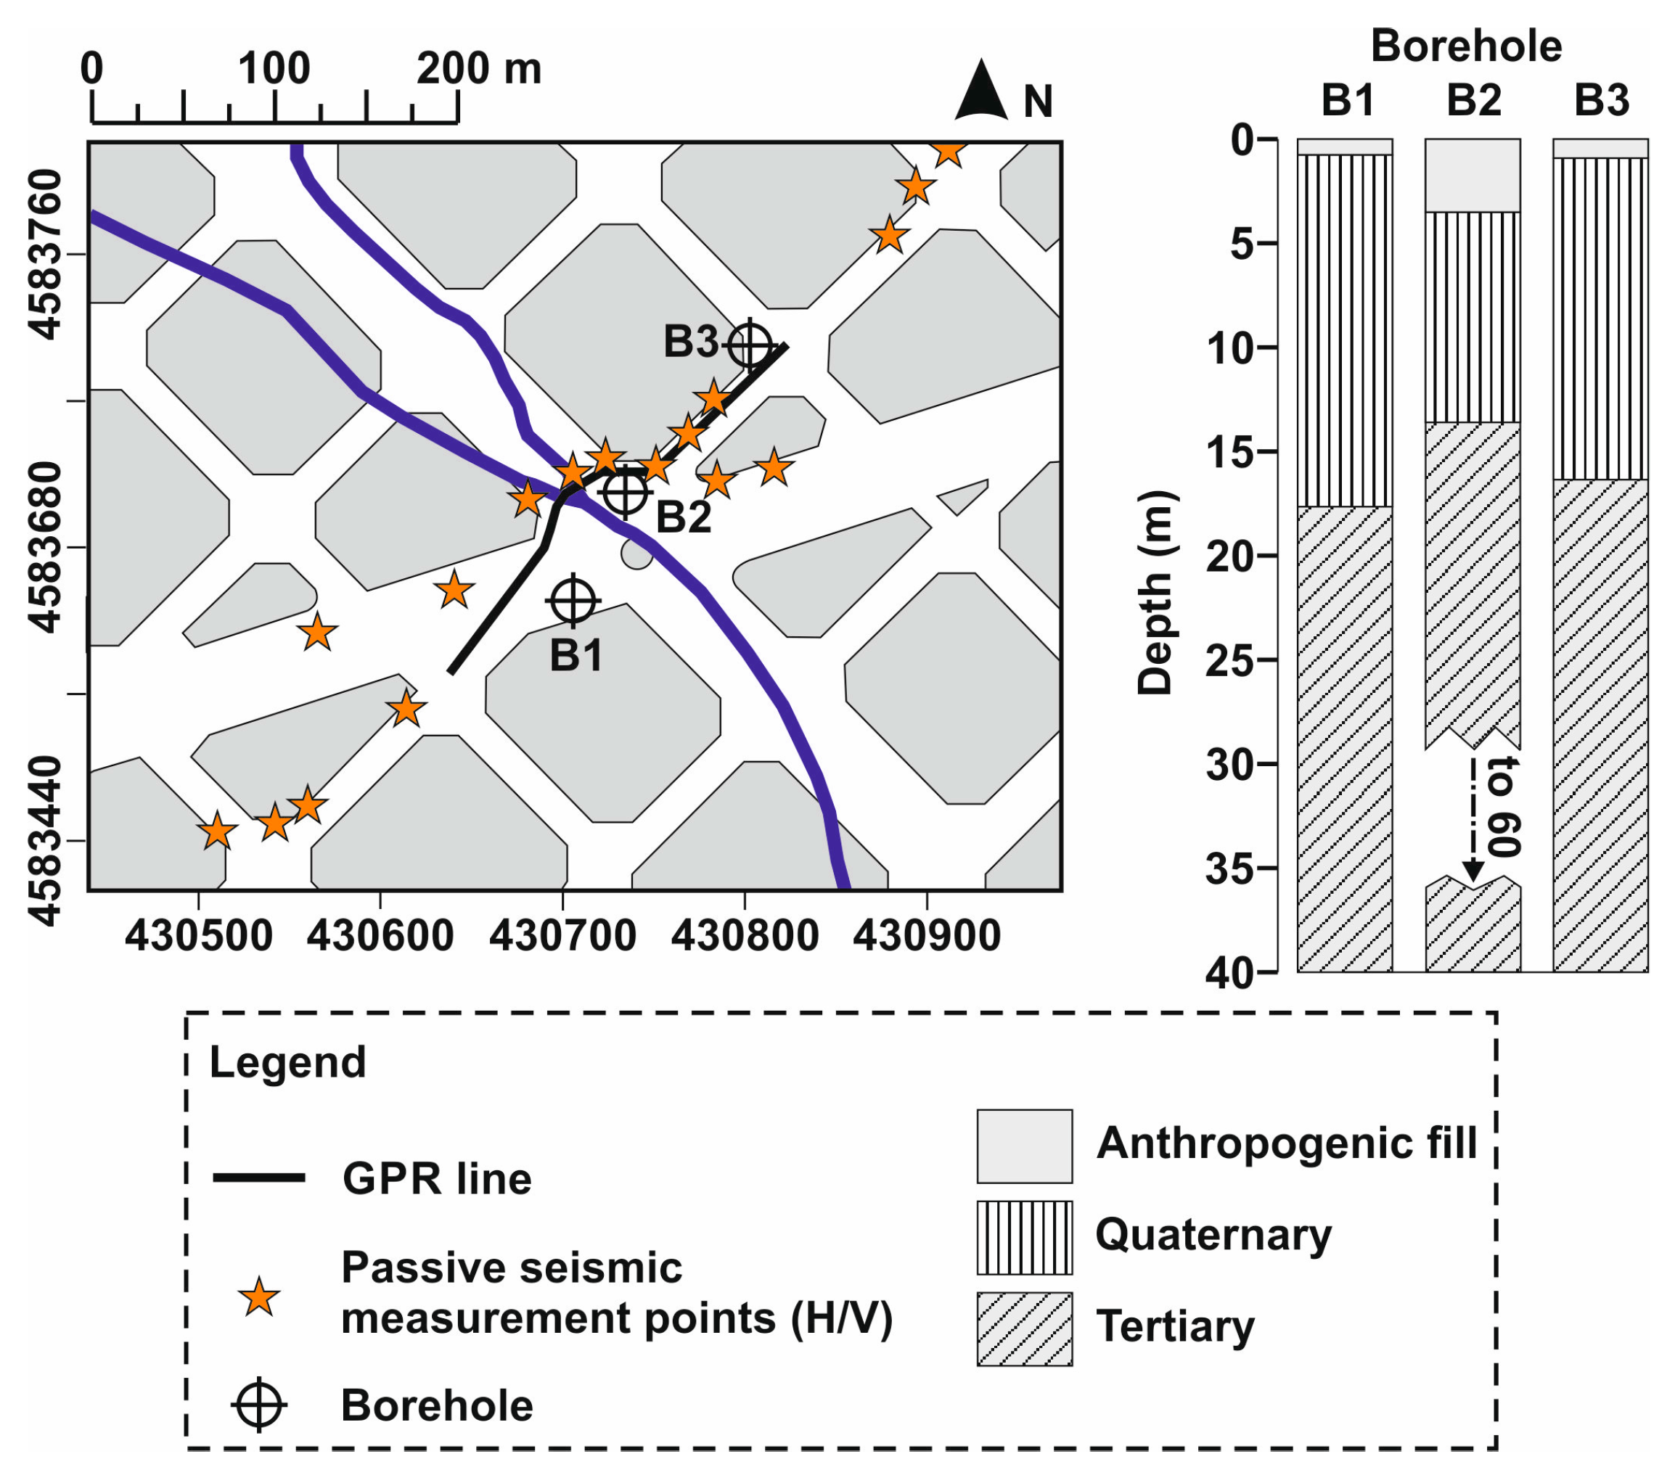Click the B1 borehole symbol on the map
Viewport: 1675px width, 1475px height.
pos(573,601)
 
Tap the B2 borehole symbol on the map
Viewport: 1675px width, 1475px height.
pos(626,491)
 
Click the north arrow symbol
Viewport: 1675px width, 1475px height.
pos(981,91)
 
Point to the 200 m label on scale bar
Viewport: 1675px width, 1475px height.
pos(478,69)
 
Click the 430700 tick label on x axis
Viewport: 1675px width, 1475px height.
pos(562,936)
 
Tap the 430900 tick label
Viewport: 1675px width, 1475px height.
pos(927,936)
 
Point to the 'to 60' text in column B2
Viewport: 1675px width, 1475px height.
pos(1504,808)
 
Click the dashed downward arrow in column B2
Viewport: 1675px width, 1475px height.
pos(1473,819)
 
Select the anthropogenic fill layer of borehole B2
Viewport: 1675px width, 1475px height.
pos(1473,176)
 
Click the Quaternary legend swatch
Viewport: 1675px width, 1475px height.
pos(1024,1237)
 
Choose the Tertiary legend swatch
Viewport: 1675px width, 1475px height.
pos(1024,1329)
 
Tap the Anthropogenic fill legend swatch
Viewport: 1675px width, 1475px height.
pos(1024,1146)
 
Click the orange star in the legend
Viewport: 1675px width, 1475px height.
pos(259,1297)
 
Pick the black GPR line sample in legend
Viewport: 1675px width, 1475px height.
pos(259,1178)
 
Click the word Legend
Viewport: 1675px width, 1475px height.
pos(287,1063)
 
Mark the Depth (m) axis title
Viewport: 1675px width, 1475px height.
pos(1155,593)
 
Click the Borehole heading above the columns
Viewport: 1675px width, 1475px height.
pos(1466,46)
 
